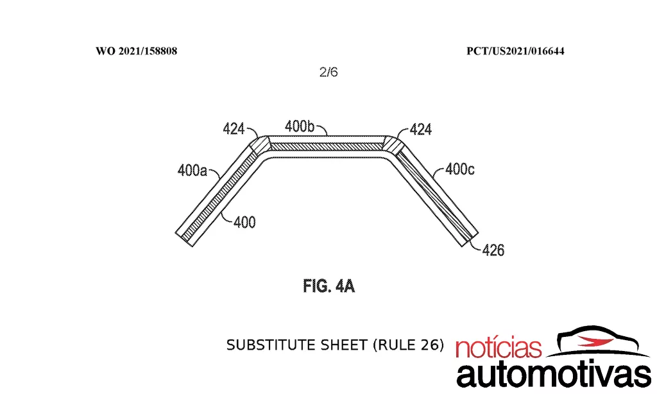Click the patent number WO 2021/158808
[136, 51]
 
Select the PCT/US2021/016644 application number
[515, 51]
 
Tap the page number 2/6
[328, 72]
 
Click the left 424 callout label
[234, 129]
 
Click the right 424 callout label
[421, 129]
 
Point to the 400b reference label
[299, 126]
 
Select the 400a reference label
[192, 171]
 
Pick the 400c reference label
[459, 169]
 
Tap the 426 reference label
[493, 250]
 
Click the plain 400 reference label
[244, 222]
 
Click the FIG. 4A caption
[329, 286]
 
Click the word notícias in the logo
[499, 347]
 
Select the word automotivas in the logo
[554, 373]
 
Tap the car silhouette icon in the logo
[600, 340]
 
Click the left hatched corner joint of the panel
[259, 144]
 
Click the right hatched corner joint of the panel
[393, 144]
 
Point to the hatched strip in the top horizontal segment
[326, 146]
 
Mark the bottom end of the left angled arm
[184, 239]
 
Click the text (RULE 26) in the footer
[408, 345]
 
